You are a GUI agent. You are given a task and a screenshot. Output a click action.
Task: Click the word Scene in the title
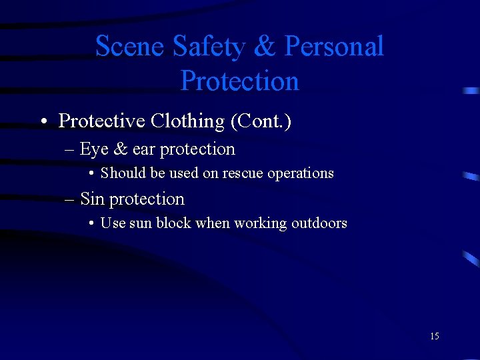click(x=130, y=47)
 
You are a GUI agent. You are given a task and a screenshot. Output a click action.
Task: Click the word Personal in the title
click(x=334, y=47)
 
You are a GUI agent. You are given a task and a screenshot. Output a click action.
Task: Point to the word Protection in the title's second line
click(x=239, y=81)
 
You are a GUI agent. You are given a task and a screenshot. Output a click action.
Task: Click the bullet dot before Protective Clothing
click(x=43, y=122)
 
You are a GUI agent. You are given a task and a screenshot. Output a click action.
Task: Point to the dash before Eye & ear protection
click(x=71, y=150)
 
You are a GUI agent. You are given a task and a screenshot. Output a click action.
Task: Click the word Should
click(x=123, y=173)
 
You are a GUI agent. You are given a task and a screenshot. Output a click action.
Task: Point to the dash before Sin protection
click(x=71, y=199)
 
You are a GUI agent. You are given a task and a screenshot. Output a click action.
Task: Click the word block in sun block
click(x=173, y=223)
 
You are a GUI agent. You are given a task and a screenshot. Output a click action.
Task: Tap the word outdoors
click(x=319, y=223)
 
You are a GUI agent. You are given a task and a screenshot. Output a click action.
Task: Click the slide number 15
click(x=435, y=336)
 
